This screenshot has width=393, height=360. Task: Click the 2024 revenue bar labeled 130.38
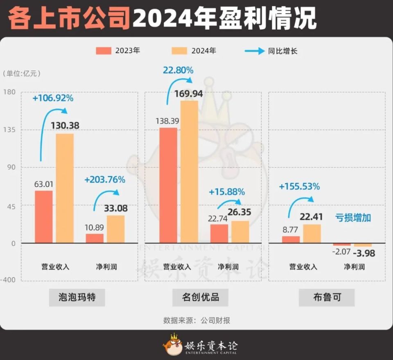point(65,188)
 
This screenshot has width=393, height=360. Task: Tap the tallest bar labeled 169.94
point(189,172)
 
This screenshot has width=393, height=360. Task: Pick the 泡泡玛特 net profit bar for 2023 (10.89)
point(95,238)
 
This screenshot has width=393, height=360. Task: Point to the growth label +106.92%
point(53,98)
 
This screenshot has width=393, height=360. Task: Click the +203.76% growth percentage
point(105,180)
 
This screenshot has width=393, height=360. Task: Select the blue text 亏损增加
point(353,218)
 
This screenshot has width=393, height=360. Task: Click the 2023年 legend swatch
point(104,51)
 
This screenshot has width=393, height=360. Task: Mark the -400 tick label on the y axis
point(10,281)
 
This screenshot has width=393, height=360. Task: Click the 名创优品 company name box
point(200,297)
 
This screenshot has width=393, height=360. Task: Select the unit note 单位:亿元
point(22,74)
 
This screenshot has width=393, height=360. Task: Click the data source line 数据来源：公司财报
point(196,320)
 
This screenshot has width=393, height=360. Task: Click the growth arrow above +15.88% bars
point(229,204)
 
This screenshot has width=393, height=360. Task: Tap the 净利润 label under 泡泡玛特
point(104,267)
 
